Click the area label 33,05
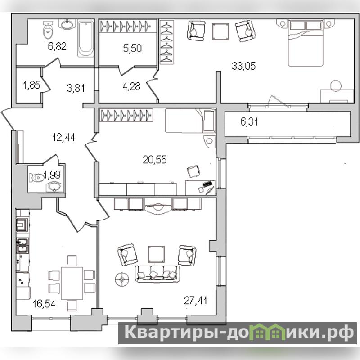point(243,66)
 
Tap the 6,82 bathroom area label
point(57,46)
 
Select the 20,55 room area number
point(154,159)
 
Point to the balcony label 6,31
point(249,121)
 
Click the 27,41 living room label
point(196,300)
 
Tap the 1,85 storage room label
point(31,85)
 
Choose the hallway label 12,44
point(63,138)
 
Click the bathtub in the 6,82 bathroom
point(86,39)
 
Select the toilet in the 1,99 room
point(36,177)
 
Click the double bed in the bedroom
point(306,43)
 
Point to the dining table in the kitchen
point(72,283)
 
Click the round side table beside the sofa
point(122,279)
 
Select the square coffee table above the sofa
point(156,254)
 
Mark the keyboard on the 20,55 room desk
point(207,184)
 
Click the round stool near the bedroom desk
point(336,85)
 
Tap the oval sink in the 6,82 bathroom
point(67,25)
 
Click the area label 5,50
point(132,48)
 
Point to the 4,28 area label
point(131,86)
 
